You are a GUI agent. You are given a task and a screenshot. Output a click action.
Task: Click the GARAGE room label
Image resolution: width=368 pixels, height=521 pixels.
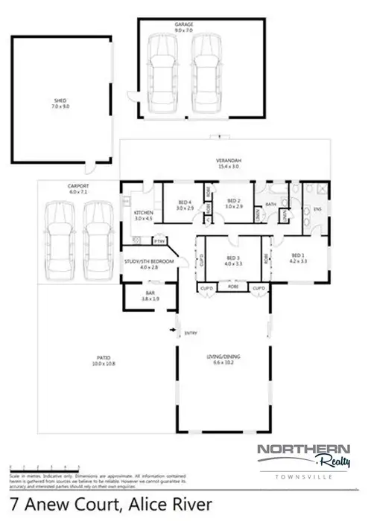point(184,25)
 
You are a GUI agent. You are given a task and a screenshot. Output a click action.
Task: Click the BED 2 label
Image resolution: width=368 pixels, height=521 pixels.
point(234,200)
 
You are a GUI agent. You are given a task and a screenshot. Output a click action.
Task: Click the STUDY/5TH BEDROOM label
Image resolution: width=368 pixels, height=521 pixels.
point(149,263)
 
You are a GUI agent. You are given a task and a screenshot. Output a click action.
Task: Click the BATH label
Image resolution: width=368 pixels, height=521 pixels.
point(270,204)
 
